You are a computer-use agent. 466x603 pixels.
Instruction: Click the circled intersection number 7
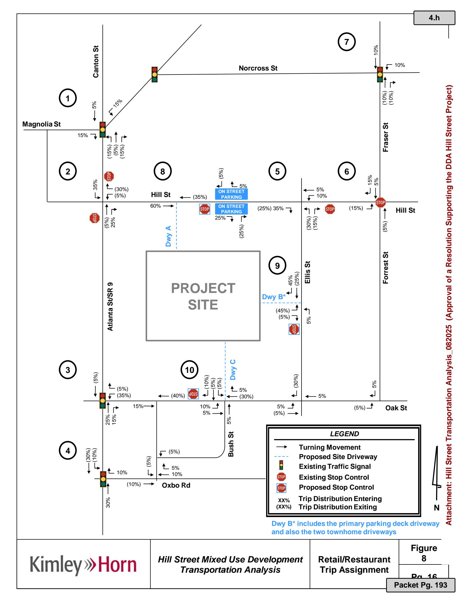pos(347,42)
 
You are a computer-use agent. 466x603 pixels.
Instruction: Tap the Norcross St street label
pos(258,68)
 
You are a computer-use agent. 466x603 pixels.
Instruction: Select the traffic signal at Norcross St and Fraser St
pos(380,75)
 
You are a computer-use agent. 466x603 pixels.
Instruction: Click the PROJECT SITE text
pos(203,296)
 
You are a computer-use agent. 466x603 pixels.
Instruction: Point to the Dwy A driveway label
pos(168,236)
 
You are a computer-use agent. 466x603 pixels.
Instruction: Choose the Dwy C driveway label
pos(233,369)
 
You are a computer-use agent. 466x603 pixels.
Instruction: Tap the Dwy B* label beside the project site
pos(274,297)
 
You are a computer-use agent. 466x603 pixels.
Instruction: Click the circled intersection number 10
pos(190,370)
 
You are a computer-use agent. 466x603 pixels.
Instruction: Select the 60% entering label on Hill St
pos(156,206)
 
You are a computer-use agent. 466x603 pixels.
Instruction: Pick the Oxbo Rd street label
pos(176,485)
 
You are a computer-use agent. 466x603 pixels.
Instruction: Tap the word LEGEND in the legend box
pos(344,434)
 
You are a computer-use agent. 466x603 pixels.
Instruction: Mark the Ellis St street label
pos(307,272)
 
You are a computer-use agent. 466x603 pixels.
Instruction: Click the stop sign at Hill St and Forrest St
pos(380,202)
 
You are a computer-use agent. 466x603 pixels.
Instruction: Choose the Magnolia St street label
pos(41,124)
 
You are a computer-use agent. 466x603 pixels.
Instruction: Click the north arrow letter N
pos(436,508)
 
